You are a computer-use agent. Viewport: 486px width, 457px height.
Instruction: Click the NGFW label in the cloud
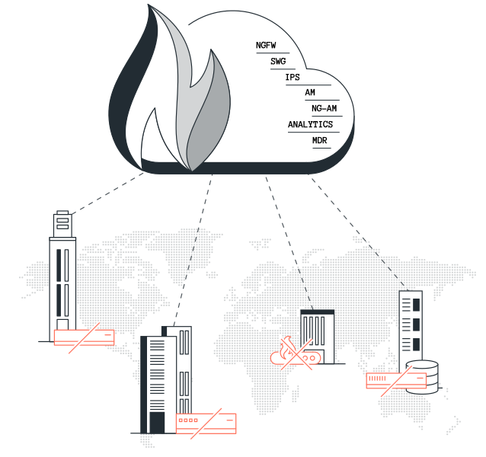point(266,46)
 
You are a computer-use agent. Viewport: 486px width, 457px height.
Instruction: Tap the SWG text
point(278,61)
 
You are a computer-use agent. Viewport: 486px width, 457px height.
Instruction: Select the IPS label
point(293,77)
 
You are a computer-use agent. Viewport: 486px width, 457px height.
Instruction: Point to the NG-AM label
point(325,108)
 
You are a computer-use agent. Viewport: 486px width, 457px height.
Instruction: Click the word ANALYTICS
point(311,124)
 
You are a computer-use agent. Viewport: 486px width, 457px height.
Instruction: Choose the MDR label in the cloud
point(320,141)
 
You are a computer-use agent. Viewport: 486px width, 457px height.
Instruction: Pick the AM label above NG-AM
point(310,92)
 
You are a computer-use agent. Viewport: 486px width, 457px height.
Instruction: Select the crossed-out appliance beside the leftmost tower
point(84,337)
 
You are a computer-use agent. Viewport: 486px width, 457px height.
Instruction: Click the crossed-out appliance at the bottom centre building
point(206,421)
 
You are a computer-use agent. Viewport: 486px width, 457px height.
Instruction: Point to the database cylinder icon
point(422,376)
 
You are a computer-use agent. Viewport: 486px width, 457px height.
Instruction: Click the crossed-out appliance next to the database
point(396,381)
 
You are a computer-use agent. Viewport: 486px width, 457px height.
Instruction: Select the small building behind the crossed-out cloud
point(316,331)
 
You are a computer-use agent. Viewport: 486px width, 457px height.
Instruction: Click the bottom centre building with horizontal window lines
point(160,381)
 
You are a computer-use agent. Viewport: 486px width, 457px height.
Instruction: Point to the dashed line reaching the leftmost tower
point(107,193)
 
